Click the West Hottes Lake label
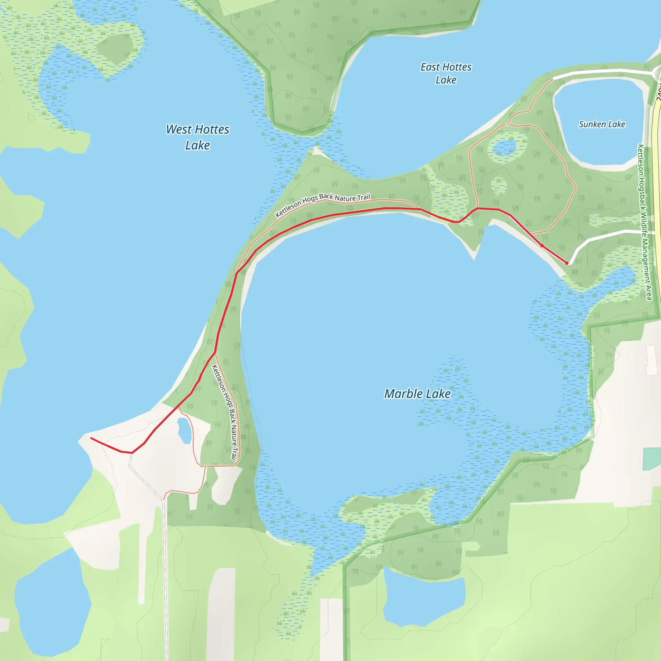[x=198, y=137]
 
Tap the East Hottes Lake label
[x=446, y=73]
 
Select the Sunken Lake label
[x=602, y=124]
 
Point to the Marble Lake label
[x=417, y=394]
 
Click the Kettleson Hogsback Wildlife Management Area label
[x=645, y=222]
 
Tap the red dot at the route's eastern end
[x=567, y=263]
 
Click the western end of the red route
[x=91, y=438]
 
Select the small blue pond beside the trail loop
[x=184, y=431]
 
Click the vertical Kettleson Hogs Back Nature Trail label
[x=225, y=412]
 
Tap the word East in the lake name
[x=430, y=67]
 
